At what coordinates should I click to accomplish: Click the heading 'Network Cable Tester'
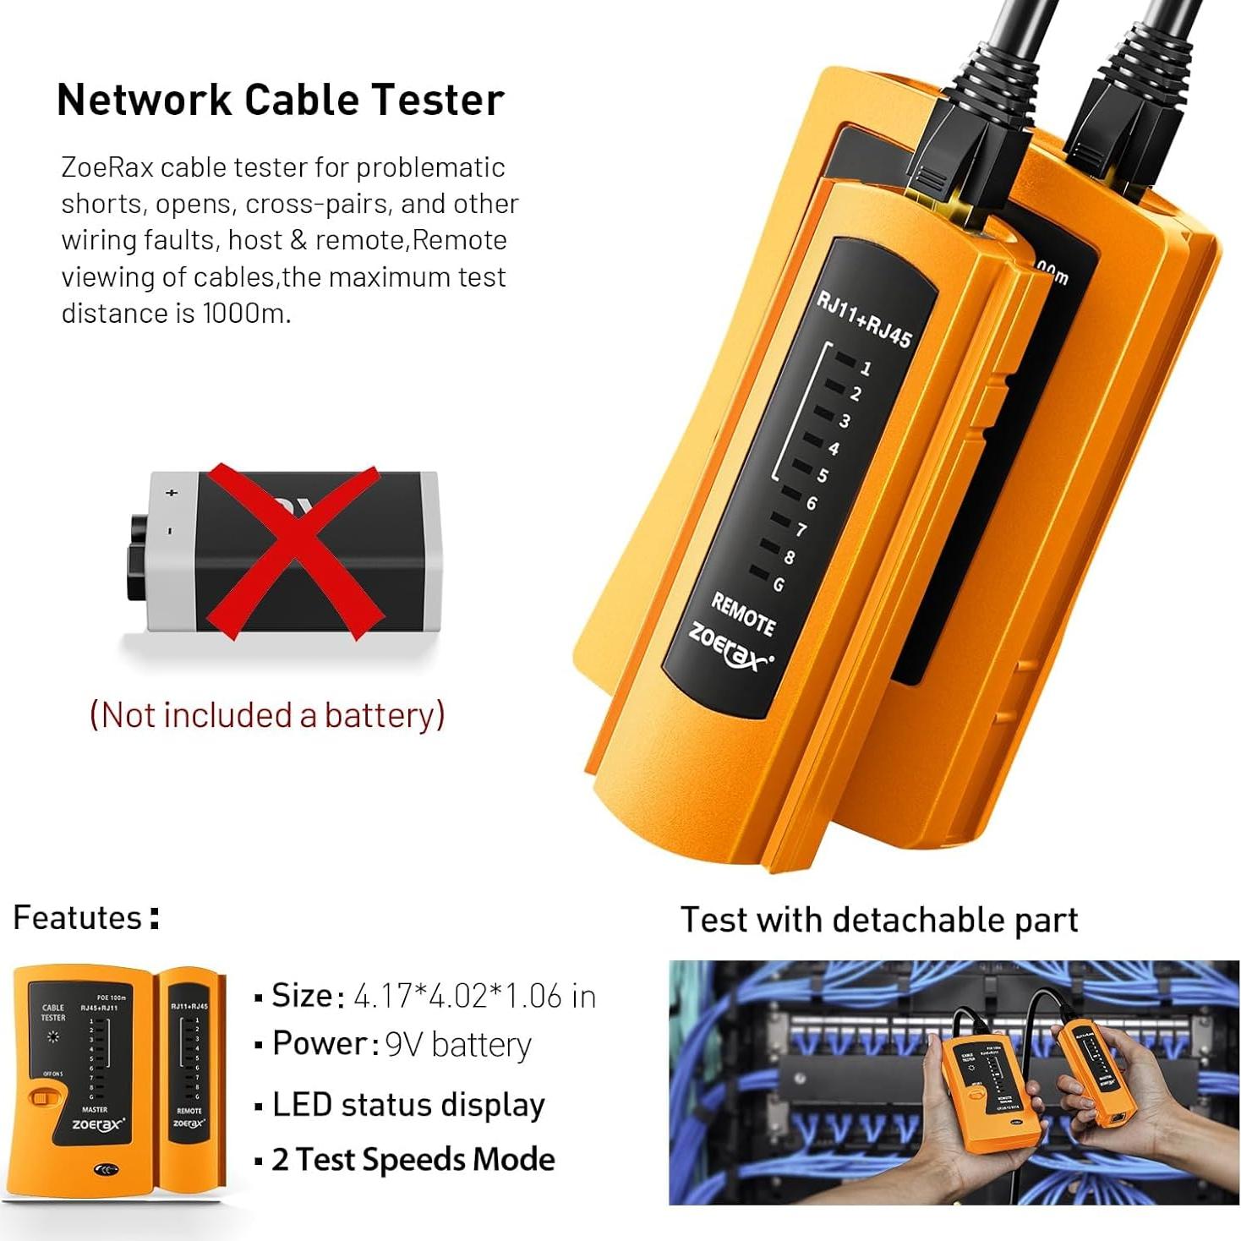(280, 100)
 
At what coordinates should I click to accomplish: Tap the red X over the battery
(292, 551)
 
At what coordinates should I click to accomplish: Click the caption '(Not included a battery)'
(267, 715)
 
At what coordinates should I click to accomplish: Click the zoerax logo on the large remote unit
(729, 647)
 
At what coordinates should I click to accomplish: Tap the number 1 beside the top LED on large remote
(865, 369)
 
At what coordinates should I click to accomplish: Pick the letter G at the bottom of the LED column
(778, 584)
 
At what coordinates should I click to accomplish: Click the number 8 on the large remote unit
(789, 557)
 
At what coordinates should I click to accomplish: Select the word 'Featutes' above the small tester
(78, 918)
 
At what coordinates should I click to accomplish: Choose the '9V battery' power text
(457, 1045)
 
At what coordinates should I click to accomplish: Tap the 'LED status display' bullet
(408, 1105)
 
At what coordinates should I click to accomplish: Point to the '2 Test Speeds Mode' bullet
(413, 1159)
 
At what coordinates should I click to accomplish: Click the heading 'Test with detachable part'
(879, 920)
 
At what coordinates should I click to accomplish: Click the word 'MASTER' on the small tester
(94, 1109)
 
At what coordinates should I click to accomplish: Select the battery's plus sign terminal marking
(172, 492)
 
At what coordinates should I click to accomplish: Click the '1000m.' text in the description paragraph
(246, 314)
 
